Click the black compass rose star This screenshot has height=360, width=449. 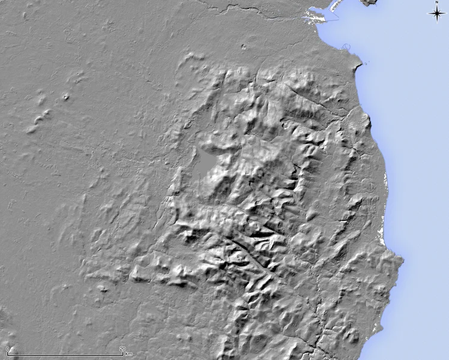[436, 13]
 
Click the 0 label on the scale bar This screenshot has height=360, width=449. [7, 349]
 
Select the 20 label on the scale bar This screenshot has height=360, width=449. [122, 349]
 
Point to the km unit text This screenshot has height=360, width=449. [128, 353]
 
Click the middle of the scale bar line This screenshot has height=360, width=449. [65, 355]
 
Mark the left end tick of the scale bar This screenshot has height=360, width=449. [8, 354]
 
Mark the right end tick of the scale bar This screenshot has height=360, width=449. [123, 354]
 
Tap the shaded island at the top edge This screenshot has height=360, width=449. [367, 2]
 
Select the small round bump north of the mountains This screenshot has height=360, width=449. [243, 46]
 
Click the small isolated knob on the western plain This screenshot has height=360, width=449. [65, 96]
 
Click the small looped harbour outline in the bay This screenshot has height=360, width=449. [346, 46]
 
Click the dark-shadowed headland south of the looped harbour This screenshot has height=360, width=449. [359, 62]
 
